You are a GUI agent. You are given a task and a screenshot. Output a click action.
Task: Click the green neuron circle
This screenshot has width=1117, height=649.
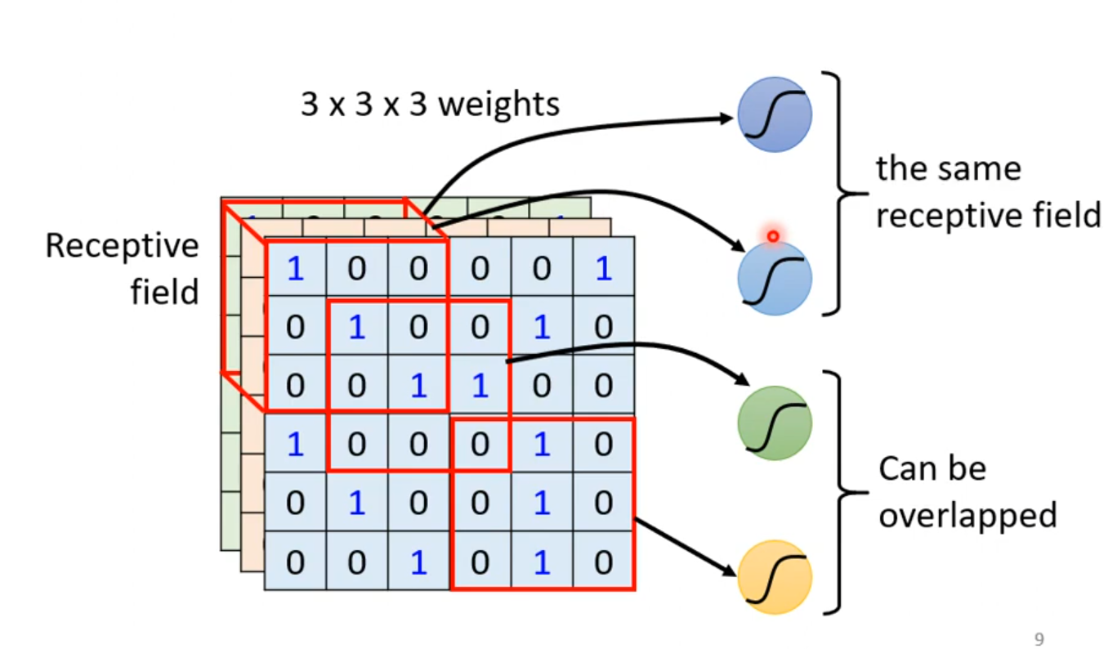coord(774,423)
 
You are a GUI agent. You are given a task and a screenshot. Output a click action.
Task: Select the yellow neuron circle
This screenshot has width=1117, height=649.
coord(774,576)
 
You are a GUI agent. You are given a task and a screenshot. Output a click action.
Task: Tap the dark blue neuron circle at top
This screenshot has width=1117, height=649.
coord(774,115)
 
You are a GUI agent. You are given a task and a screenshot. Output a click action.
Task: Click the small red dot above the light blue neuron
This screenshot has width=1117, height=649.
coord(773,236)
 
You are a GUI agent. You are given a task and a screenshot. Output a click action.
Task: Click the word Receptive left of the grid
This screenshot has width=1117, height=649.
coord(122,246)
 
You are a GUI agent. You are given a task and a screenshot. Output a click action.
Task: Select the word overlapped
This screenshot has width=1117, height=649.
coord(967,515)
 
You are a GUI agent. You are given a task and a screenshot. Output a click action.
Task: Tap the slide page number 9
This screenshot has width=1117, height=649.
coord(1039,639)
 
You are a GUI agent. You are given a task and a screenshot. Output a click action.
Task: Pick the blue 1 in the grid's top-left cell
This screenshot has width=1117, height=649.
coord(295,268)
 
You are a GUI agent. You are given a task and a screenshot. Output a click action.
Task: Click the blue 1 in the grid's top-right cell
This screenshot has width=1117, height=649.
coord(604,268)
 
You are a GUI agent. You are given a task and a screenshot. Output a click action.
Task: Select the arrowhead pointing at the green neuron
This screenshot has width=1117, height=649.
coord(741,380)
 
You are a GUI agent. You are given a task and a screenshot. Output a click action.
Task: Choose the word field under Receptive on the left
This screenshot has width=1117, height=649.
coord(164,291)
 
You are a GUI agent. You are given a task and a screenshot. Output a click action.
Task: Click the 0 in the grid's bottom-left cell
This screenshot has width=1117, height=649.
coord(295,562)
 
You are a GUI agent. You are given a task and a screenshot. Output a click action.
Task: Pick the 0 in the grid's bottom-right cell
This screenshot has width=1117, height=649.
coord(604,562)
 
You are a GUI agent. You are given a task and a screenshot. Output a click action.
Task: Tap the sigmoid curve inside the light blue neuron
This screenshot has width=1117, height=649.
coord(774,278)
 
